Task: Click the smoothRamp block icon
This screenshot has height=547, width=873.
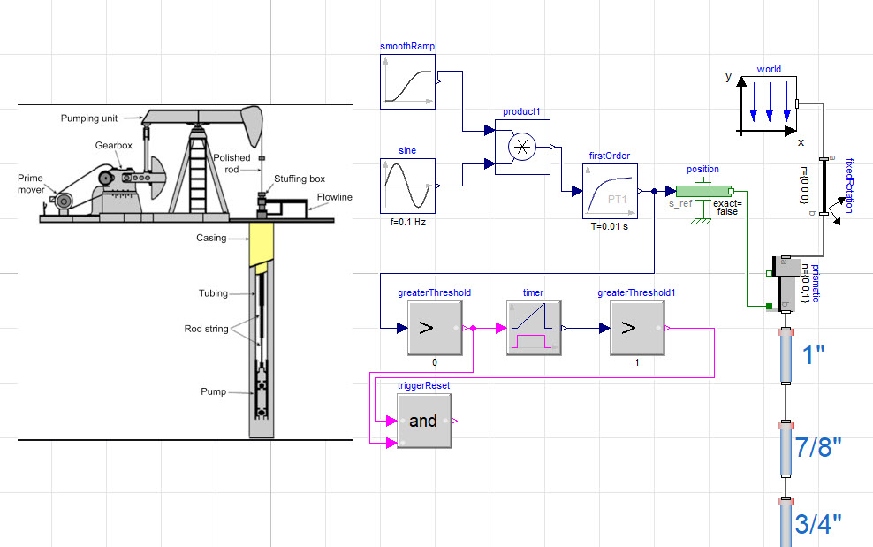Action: click(407, 81)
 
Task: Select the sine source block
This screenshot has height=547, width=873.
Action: click(407, 186)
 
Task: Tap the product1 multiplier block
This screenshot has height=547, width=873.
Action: click(522, 147)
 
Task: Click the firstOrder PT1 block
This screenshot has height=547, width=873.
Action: click(610, 191)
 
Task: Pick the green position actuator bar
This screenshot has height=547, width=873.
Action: click(703, 191)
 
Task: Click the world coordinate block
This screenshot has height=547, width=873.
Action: click(769, 104)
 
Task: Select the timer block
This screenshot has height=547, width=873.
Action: click(534, 328)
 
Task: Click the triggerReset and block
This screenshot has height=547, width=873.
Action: click(424, 422)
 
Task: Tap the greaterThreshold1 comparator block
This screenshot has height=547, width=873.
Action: click(637, 328)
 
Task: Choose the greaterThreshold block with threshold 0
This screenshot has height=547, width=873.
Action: click(435, 328)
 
